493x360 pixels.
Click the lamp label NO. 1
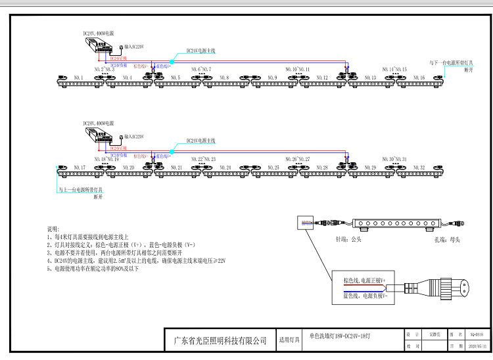(x=79, y=78)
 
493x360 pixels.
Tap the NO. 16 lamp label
(x=419, y=78)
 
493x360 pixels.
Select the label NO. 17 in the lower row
(x=80, y=168)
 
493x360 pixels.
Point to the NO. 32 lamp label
(x=419, y=168)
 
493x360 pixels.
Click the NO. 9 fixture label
(x=273, y=78)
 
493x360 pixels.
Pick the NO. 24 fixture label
(x=225, y=168)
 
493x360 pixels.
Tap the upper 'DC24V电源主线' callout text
(x=201, y=51)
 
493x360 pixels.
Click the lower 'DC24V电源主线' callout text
(x=201, y=141)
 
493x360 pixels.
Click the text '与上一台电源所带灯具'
(x=81, y=190)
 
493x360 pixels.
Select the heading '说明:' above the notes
(x=52, y=229)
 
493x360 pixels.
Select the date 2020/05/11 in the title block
(x=476, y=345)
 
